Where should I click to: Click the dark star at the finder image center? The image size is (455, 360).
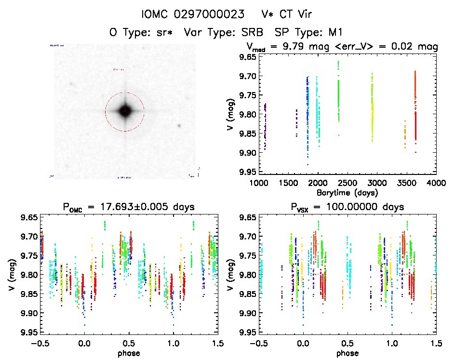125,111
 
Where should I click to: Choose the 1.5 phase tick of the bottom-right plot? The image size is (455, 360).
436,344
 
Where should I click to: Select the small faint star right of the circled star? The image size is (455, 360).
179,126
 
